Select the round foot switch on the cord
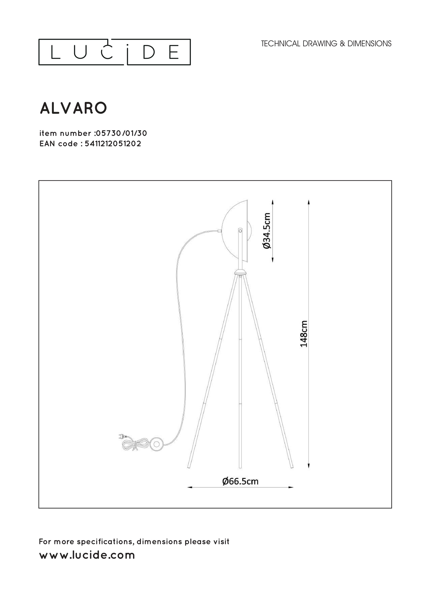[157, 444]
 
